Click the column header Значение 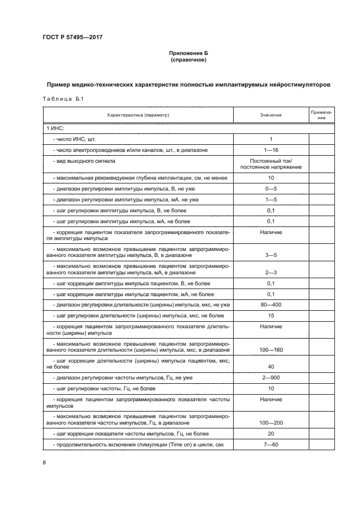click(x=271, y=115)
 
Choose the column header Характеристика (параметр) click(x=138, y=115)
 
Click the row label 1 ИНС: click(x=56, y=128)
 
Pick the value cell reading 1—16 click(x=271, y=150)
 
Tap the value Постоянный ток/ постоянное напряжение click(x=271, y=164)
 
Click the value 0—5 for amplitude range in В click(x=271, y=188)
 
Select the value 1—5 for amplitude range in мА click(x=271, y=199)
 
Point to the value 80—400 click(x=271, y=304)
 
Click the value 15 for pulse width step click(x=271, y=315)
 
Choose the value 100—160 click(x=271, y=349)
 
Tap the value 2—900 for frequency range click(x=271, y=378)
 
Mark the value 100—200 click(x=271, y=422)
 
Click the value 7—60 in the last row click(x=271, y=445)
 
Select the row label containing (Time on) click(x=139, y=445)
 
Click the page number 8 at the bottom click(x=45, y=463)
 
